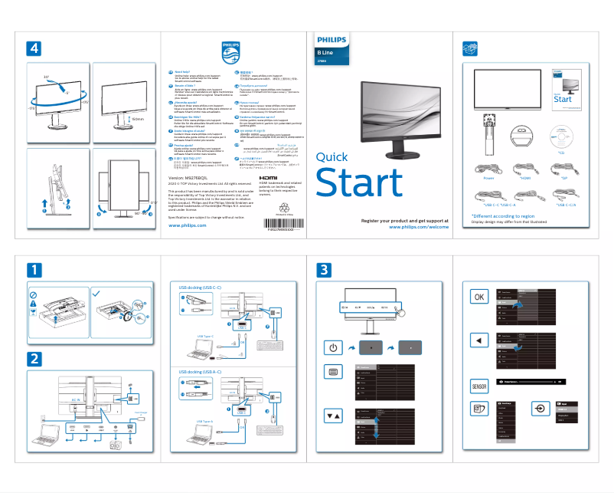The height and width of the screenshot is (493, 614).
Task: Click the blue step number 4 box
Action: point(34,48)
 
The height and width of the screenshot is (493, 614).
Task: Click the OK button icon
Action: point(479,297)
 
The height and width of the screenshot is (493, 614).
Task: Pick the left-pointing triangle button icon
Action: point(479,340)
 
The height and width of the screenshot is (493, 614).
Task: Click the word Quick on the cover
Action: point(331,157)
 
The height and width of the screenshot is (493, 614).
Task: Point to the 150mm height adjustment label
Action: point(137,118)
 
